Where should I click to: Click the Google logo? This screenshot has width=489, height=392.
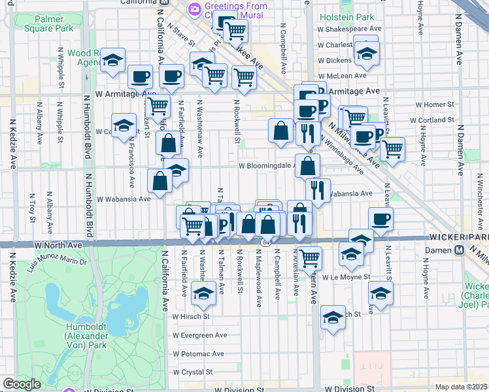coord(22,384)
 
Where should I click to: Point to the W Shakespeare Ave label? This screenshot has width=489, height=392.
coord(350,29)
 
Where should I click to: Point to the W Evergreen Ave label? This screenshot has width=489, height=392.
coord(199,335)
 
